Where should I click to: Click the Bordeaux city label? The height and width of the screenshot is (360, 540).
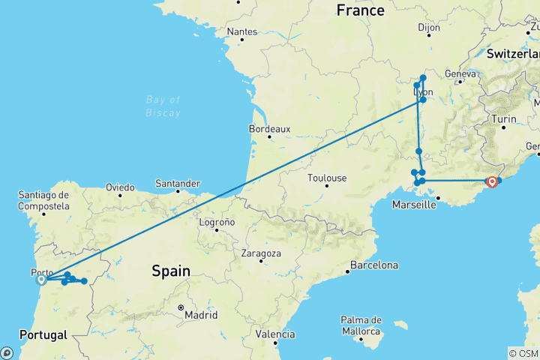click(x=269, y=128)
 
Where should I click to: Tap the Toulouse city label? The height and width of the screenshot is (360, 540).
click(x=327, y=178)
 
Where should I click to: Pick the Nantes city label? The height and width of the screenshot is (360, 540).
click(x=241, y=31)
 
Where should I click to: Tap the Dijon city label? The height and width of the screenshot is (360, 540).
click(x=429, y=28)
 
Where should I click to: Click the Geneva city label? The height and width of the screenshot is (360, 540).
click(x=460, y=73)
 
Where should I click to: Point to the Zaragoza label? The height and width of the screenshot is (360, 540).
click(x=261, y=253)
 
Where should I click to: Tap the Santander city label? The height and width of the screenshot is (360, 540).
click(x=177, y=183)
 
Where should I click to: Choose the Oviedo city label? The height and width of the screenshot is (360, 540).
click(x=120, y=187)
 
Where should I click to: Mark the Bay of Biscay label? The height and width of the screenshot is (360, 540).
click(x=163, y=106)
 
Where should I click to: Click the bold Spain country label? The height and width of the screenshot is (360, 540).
click(x=170, y=271)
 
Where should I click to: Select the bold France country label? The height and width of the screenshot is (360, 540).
click(x=361, y=10)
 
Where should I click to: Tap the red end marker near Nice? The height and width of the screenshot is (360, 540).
click(x=492, y=181)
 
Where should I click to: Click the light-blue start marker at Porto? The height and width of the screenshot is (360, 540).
click(x=42, y=280)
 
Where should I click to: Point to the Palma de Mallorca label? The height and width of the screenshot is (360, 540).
click(x=362, y=325)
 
